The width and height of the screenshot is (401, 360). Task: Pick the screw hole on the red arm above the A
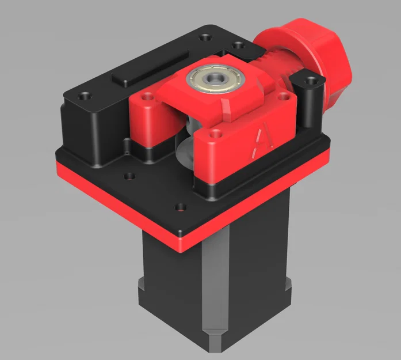(216, 133)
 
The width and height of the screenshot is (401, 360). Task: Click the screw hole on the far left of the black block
(86, 95)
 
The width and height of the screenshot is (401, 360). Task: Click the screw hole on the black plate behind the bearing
(236, 46)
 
